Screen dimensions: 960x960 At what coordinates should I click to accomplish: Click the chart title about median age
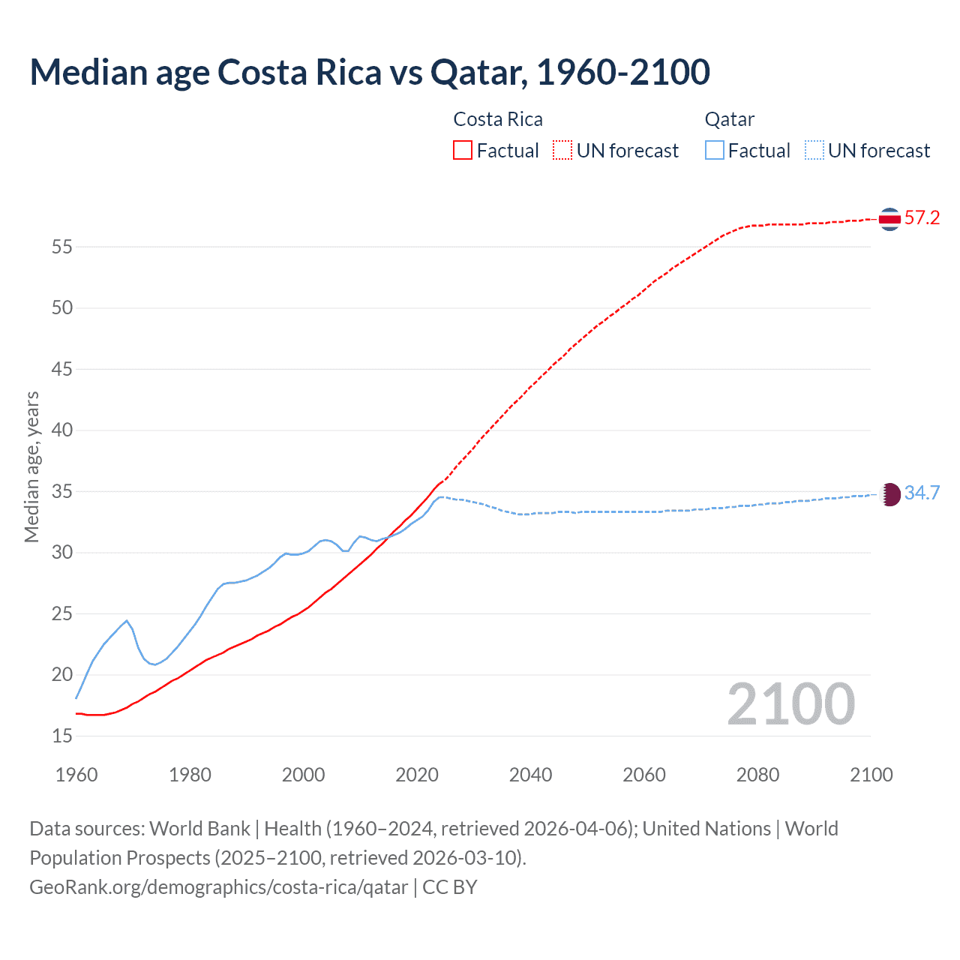370,73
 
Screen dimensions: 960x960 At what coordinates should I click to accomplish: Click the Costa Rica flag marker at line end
889,219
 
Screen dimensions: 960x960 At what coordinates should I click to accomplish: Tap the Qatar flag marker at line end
889,494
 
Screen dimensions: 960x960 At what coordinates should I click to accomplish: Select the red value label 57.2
922,218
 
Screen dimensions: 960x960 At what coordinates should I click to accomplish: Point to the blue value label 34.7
922,493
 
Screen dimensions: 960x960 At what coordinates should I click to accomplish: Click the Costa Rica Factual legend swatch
463,151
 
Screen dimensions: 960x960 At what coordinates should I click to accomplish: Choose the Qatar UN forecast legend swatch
814,151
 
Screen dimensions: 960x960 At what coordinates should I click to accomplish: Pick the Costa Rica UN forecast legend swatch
562,151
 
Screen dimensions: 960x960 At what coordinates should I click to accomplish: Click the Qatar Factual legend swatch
715,151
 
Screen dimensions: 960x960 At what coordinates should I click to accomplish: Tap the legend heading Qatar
729,120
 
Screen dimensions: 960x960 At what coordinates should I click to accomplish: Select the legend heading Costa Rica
498,120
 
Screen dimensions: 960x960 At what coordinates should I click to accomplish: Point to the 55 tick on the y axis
62,247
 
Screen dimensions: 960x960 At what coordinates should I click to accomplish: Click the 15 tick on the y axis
62,736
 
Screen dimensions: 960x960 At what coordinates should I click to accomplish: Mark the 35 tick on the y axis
62,492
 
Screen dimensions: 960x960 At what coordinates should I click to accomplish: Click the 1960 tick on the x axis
76,775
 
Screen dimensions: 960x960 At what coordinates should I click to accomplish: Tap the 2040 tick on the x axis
530,775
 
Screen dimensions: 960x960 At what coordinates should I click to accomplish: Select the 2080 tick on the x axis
757,775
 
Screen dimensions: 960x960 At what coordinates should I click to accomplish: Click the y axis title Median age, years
31,466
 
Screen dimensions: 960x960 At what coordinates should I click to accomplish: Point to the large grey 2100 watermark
790,704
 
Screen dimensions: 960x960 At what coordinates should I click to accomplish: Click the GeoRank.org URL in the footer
219,887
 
